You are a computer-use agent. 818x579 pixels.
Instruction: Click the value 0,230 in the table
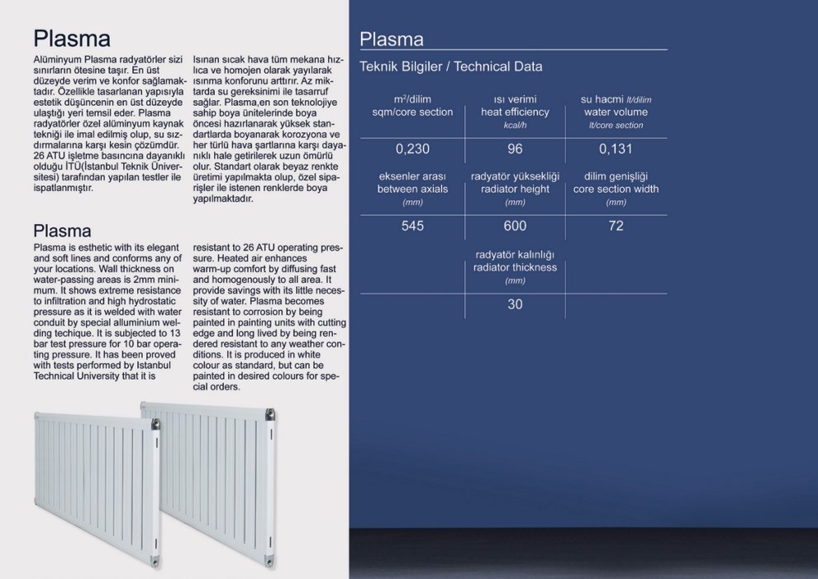(412, 150)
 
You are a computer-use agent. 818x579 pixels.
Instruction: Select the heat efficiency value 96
(515, 150)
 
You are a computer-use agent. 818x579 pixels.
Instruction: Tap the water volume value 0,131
(616, 150)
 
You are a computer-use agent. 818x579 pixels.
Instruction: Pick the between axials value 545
(412, 226)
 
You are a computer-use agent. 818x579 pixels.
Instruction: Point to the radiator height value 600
(515, 226)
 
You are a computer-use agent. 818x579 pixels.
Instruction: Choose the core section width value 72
(616, 226)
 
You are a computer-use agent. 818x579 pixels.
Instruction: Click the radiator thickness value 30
(515, 304)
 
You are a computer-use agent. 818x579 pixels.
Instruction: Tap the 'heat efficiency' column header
(515, 112)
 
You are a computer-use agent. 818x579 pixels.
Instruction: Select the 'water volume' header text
(616, 112)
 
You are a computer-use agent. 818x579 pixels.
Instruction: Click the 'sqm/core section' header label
(412, 112)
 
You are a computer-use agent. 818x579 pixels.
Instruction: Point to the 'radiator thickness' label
(515, 267)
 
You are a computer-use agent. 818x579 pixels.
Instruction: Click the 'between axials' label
(412, 189)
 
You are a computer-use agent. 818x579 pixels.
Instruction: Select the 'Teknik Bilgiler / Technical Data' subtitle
(451, 67)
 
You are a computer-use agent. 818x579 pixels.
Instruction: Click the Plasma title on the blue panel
(392, 39)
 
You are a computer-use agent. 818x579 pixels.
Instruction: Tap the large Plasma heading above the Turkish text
(72, 38)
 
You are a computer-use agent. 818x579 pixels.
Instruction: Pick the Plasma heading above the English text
(62, 230)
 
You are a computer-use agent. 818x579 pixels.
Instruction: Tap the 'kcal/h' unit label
(515, 126)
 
